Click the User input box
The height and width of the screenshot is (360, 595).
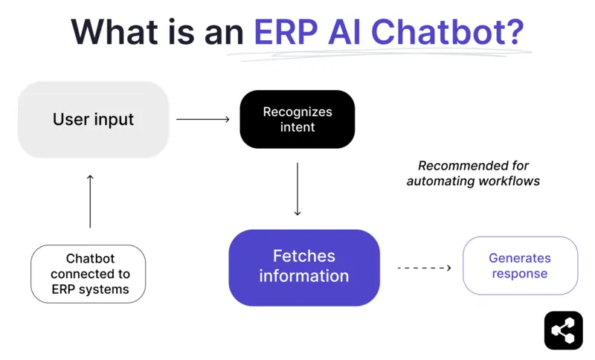94,120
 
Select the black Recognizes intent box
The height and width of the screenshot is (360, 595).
297,119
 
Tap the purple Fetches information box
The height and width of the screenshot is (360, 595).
304,267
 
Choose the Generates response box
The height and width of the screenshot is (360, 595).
520,266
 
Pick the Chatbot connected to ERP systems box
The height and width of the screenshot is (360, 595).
89,274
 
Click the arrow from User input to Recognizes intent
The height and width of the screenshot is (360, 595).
203,119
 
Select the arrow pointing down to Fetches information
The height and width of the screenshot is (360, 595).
297,189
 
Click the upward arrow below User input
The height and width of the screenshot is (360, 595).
90,201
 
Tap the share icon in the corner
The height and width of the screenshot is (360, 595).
563,330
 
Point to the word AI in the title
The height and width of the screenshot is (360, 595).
344,32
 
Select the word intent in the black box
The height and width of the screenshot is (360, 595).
297,127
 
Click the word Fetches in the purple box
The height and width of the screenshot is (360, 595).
303,257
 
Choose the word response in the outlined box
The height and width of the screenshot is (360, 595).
520,274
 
